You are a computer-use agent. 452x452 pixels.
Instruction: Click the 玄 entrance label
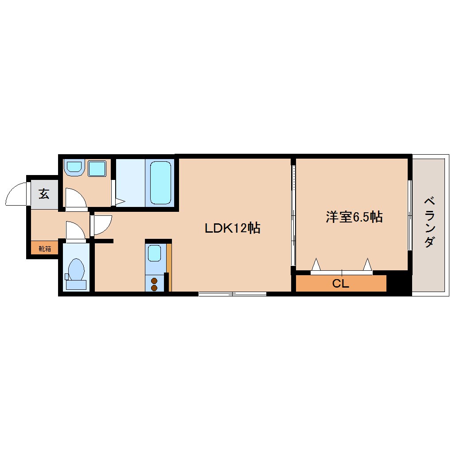point(43,194)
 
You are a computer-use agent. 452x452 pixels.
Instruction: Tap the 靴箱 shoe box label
point(45,248)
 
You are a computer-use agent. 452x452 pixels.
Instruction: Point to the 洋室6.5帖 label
point(354,217)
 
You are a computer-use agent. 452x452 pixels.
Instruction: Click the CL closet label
point(340,284)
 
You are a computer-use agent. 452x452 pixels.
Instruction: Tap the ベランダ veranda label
point(429,222)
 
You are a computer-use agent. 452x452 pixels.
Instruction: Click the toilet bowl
point(77,269)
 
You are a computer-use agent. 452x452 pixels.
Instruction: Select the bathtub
point(160,182)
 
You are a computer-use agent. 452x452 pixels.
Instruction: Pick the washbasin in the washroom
point(74,168)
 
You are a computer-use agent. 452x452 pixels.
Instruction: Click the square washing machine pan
point(97,169)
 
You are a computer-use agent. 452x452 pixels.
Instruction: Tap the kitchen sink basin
point(154,254)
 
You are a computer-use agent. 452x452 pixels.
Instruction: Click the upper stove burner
point(154,281)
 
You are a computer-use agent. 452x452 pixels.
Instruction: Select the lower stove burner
point(154,288)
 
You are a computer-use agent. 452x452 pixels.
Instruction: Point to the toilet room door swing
point(74,230)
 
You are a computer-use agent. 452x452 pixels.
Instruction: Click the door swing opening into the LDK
point(102,224)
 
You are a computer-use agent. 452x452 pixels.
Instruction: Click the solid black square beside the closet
point(399,284)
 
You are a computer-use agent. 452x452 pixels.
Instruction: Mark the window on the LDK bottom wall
point(232,293)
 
